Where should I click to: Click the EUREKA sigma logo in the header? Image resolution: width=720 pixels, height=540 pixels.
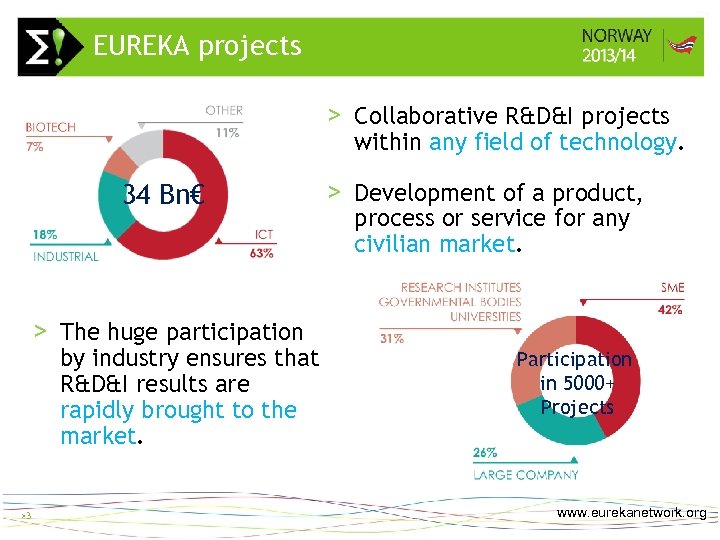[45, 47]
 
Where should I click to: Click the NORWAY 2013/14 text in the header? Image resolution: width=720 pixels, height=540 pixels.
[616, 46]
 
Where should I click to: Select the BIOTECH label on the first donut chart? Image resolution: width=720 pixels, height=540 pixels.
[51, 128]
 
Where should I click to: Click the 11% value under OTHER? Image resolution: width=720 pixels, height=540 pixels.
[226, 132]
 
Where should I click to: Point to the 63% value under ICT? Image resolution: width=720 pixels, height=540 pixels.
[261, 253]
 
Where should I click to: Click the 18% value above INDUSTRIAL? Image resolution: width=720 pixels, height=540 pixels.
[45, 235]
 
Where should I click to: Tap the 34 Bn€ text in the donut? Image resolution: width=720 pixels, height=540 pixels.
[163, 194]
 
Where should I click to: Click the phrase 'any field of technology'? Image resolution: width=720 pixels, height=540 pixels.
[552, 142]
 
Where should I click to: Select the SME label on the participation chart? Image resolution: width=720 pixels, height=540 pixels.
[672, 288]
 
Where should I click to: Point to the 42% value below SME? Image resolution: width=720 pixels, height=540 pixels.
[670, 310]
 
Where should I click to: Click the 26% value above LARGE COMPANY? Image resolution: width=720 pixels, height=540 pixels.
[485, 453]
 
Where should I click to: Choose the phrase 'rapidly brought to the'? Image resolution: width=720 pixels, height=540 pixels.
[178, 410]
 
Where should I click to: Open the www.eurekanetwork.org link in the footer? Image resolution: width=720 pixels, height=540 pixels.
[631, 513]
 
